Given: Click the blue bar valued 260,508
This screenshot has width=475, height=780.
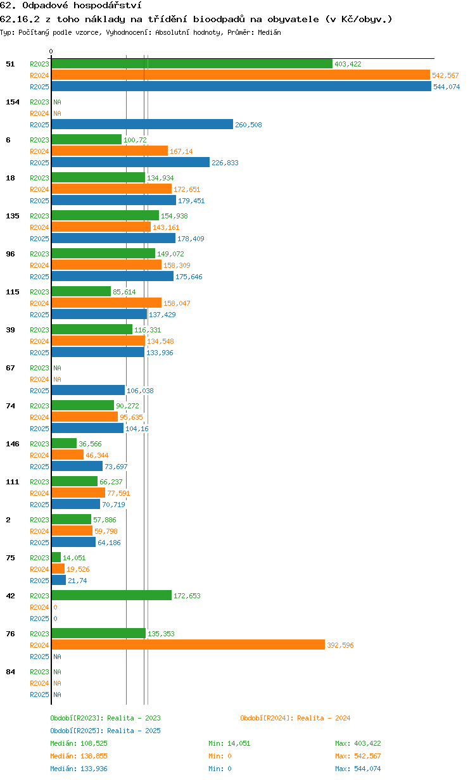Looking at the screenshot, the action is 142,124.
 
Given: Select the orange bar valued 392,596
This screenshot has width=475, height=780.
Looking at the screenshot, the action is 188,645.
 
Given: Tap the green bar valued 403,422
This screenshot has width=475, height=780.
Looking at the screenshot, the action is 192,64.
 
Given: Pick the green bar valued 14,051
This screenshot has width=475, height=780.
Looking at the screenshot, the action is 56,557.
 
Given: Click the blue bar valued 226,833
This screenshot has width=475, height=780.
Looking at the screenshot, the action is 130,162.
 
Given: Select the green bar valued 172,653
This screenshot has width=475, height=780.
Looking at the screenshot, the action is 111,595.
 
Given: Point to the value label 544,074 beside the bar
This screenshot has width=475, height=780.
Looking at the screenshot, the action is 446,87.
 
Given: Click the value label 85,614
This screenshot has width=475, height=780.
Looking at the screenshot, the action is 124,292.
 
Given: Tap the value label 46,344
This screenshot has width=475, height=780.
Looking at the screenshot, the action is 97,455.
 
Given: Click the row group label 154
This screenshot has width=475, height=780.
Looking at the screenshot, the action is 13,102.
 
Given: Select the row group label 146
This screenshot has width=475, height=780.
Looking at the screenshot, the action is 13,444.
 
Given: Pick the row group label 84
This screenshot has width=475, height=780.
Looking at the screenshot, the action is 10,672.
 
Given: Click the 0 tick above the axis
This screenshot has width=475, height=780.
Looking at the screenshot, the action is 51,51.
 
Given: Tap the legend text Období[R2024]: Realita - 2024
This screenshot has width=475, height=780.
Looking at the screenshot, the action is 295,718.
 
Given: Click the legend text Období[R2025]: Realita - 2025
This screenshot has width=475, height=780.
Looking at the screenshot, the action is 106,731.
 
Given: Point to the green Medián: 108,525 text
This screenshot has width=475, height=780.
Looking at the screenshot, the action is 79,743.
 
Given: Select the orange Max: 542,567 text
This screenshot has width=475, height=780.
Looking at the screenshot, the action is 358,756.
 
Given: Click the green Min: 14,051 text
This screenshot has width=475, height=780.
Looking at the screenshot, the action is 229,743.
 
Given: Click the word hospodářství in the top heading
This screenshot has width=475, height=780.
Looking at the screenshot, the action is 108,5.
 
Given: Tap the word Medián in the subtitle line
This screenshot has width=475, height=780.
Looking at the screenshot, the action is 269,32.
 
